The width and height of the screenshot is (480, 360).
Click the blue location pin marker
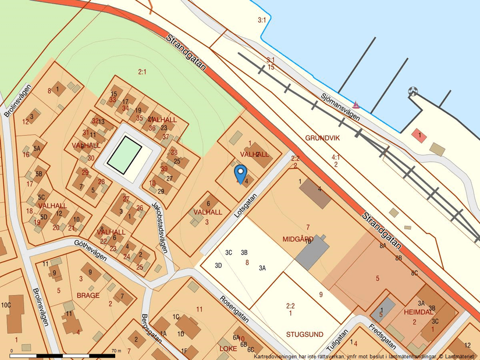coord(240,173)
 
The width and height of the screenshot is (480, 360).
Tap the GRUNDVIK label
coord(322,138)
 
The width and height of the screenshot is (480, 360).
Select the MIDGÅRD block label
coord(298,239)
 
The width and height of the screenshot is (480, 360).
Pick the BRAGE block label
coord(88,295)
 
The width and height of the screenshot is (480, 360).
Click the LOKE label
coord(228,348)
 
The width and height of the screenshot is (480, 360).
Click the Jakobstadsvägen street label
coord(162,227)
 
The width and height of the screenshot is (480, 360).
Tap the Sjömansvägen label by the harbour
coord(340,107)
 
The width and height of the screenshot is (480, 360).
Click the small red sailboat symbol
coord(356,105)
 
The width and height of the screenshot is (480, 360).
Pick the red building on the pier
coord(420,136)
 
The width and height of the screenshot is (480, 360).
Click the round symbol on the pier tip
coord(413,91)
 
